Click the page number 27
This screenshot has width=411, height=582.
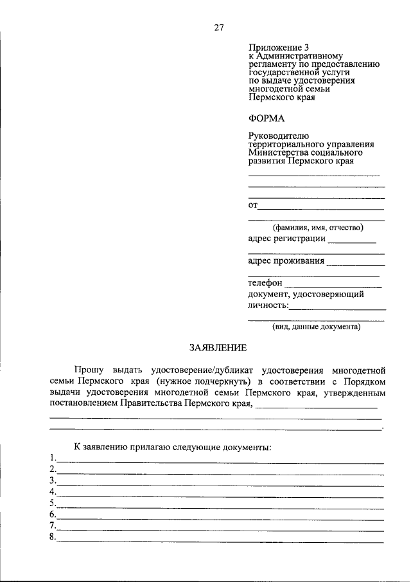pos(218,28)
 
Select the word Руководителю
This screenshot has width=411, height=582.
pos(279,136)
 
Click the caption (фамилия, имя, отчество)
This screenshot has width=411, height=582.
pos(317,228)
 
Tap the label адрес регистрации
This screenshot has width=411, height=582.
pos(286,240)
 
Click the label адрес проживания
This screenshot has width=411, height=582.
pos(286,262)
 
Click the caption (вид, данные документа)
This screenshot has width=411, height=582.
pos(316,327)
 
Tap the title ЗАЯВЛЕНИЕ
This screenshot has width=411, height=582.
pos(218,348)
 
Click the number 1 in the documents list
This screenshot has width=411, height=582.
pos(51,458)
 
